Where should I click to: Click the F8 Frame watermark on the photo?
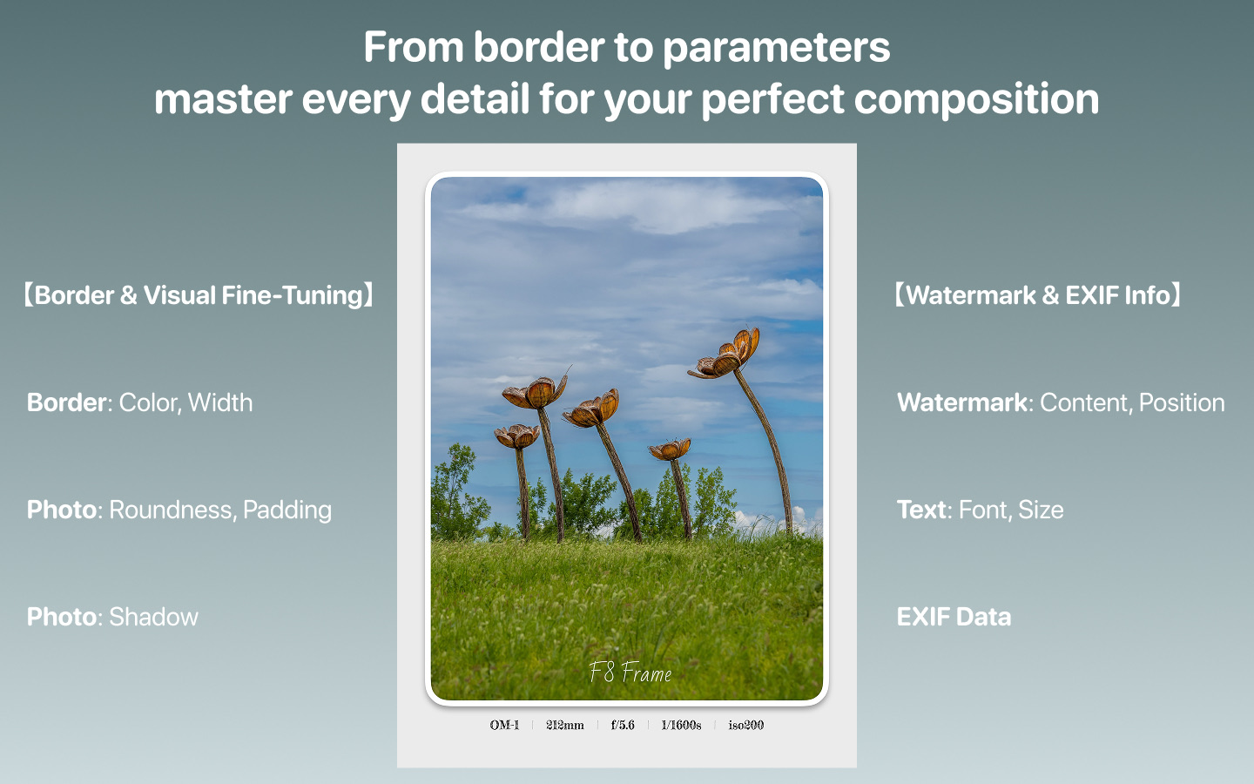pos(630,672)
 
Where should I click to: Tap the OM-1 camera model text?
pos(504,725)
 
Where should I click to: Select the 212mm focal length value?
pos(565,725)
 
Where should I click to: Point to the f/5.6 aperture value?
pos(623,725)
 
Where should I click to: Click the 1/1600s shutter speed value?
pos(681,725)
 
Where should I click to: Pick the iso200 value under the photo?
pos(745,725)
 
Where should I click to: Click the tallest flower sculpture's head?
pos(725,354)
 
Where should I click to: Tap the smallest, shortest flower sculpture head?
pos(670,449)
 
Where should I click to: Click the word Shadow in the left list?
pos(153,617)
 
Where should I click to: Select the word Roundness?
pos(172,510)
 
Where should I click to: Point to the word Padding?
pos(287,510)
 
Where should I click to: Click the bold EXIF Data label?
pos(954,617)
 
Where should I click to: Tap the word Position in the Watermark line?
pos(1182,403)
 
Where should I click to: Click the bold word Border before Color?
pos(66,403)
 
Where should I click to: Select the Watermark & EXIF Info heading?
pos(1038,295)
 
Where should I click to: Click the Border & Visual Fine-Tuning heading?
pos(199,295)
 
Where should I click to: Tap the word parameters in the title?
pos(777,48)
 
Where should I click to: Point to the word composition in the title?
pos(976,100)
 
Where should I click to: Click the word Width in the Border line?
pos(220,403)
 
